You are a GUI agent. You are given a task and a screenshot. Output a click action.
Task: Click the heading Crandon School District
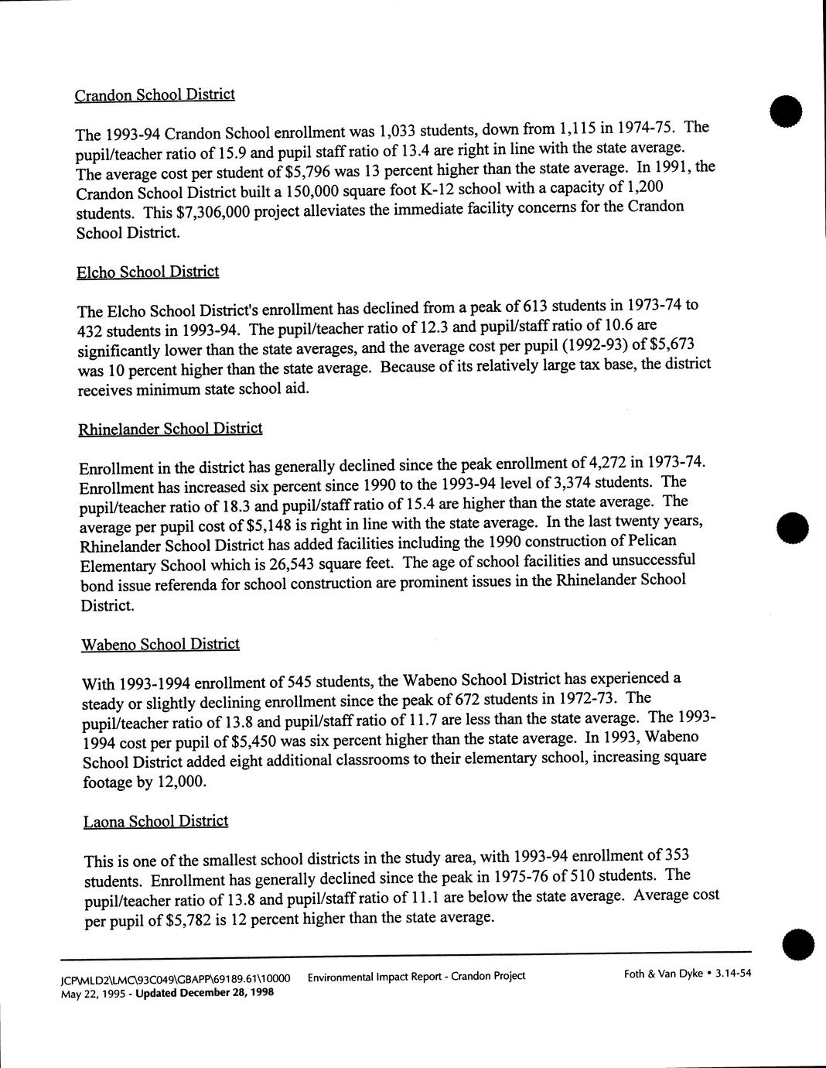pos(155,94)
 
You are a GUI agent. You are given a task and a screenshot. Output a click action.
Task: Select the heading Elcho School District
pos(148,272)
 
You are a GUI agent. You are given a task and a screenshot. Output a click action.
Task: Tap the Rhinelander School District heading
pos(170,429)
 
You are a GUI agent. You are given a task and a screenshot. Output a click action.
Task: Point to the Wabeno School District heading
pos(160,644)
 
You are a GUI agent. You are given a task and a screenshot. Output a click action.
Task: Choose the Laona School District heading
pos(155,821)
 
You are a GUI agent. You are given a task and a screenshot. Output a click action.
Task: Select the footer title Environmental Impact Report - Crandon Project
pos(416,976)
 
